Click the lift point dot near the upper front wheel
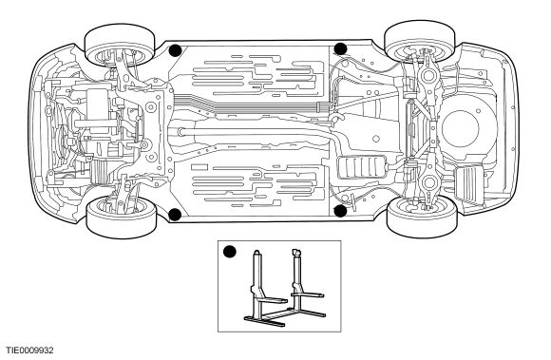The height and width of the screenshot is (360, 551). point(175,50)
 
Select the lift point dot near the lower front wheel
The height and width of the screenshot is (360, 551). point(175,215)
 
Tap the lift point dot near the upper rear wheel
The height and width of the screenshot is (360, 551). point(340,48)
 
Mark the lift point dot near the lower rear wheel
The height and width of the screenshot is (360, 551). point(340,211)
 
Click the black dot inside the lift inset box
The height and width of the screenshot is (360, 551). point(230,252)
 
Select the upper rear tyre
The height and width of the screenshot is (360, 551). point(420,41)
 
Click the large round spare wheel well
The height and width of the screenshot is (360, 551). point(461,128)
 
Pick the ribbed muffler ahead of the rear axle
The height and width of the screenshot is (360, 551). point(362,167)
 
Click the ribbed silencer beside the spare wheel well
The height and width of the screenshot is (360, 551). point(469,183)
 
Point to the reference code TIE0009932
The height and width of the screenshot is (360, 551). point(29,351)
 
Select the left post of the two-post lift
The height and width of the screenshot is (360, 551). point(256,285)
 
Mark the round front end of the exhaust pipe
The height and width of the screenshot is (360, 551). point(180,132)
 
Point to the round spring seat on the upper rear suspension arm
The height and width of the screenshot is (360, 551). point(428,75)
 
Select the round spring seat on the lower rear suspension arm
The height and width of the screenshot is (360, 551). point(428,182)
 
